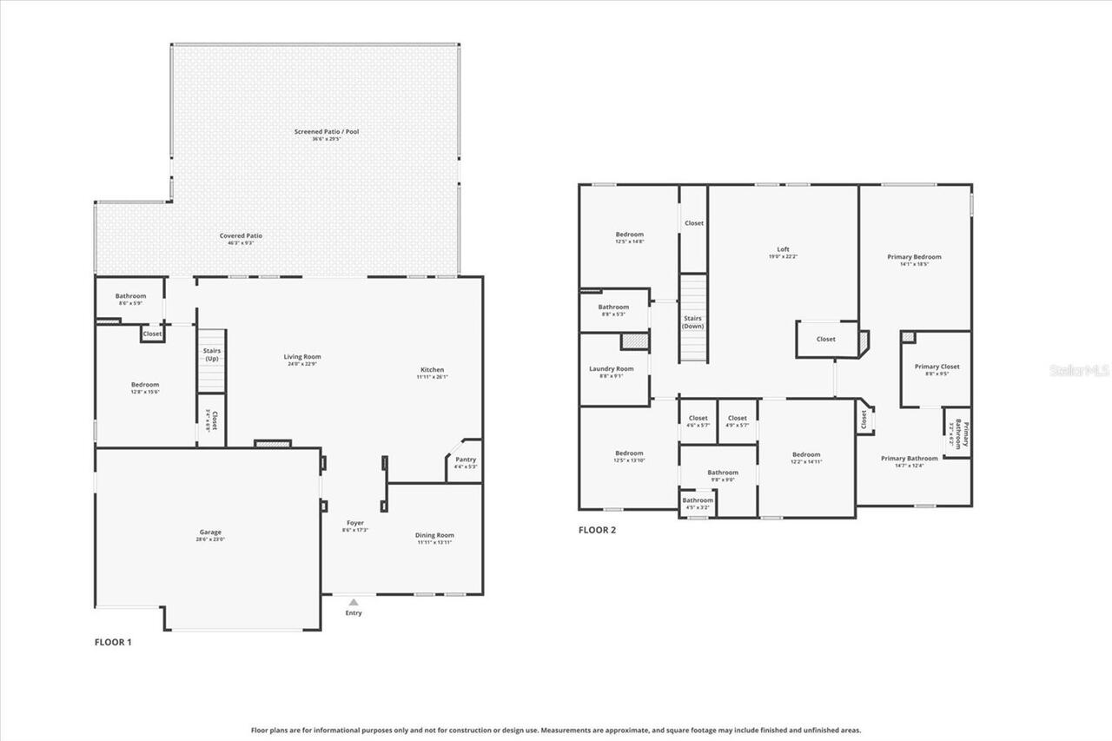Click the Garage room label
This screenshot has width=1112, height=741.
(x=210, y=533)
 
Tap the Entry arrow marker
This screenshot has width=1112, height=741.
(x=353, y=601)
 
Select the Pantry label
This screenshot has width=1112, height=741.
(x=466, y=460)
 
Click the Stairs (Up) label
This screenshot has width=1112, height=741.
(x=212, y=354)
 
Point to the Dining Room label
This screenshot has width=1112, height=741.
(x=434, y=535)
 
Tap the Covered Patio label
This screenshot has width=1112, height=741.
(x=241, y=235)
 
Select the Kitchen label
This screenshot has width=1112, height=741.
(x=431, y=370)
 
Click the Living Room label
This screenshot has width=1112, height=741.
(x=302, y=356)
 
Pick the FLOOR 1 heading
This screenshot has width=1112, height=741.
(x=113, y=643)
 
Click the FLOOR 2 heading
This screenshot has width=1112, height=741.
(x=597, y=530)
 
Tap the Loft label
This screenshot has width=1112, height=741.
(x=783, y=249)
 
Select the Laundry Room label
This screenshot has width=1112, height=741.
(x=611, y=369)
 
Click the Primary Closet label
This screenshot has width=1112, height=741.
(x=937, y=367)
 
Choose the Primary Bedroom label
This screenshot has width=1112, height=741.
(x=914, y=257)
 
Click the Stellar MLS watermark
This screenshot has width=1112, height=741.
(x=1079, y=370)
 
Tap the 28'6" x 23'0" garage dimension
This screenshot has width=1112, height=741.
(x=210, y=540)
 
